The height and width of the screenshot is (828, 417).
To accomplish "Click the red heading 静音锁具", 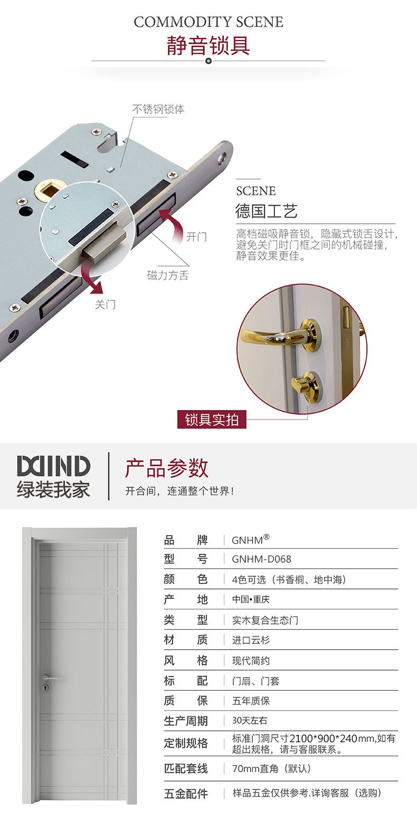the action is [208, 45].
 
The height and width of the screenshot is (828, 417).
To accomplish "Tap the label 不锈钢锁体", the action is [158, 109].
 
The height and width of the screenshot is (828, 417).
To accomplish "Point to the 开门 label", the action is [196, 236].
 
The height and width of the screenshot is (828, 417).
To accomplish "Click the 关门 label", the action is [106, 304].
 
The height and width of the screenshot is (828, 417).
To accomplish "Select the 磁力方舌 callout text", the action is [168, 275].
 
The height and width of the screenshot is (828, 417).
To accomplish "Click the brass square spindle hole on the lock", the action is [48, 189].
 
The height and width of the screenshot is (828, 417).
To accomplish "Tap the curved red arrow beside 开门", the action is [171, 225].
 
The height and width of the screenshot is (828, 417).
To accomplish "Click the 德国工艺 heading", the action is [266, 211].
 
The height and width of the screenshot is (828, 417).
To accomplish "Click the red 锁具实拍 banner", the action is [212, 420].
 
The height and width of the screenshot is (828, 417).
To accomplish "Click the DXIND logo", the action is [54, 466].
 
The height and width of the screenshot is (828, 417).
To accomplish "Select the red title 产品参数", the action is [167, 468].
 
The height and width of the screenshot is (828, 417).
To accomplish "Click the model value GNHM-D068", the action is [261, 559].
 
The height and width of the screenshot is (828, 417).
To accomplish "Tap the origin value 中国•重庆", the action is [251, 599].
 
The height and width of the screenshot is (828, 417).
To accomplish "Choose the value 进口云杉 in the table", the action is [251, 640].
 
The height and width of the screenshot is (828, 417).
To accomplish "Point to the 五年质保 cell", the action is [251, 701].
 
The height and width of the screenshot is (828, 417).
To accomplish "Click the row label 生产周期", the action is [186, 721].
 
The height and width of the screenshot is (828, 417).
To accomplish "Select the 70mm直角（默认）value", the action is [271, 769].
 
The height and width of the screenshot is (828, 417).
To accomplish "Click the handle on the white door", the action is [50, 678].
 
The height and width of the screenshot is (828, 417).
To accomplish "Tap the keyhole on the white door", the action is [45, 688].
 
